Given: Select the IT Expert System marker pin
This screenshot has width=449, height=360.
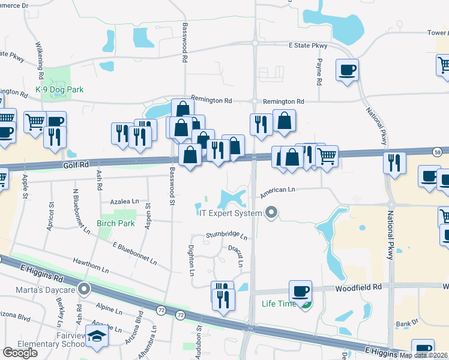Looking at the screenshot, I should (271, 212).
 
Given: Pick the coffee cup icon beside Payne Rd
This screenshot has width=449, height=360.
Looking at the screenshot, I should (348, 70).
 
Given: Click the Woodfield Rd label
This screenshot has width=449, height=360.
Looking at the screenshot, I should (359, 287).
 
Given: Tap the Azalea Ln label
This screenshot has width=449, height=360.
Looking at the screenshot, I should (124, 201).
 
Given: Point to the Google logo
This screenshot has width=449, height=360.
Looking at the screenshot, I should (20, 352).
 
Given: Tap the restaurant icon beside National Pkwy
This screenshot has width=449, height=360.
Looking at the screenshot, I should (394, 163).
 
